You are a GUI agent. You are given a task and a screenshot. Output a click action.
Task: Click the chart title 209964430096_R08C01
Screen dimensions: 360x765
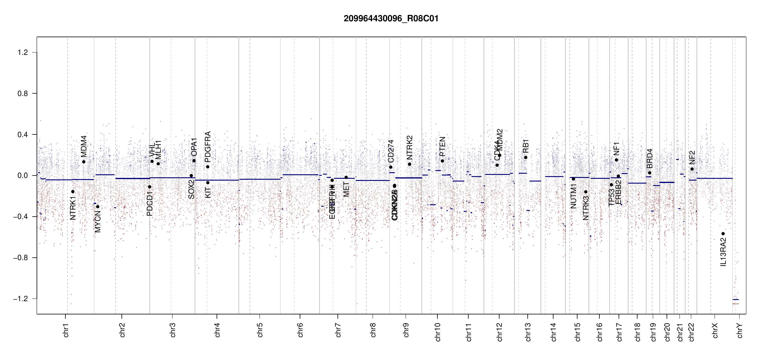click(x=391, y=19)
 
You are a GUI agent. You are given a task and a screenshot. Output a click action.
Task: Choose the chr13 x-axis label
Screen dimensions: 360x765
click(x=528, y=332)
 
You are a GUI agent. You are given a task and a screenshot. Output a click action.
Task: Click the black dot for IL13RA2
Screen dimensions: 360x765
click(x=723, y=234)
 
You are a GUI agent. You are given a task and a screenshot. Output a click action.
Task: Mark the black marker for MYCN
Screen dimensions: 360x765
click(x=97, y=207)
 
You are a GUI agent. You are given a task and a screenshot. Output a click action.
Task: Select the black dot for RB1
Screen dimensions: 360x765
click(x=526, y=157)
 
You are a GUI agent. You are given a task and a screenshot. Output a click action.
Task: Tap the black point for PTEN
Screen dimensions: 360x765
click(x=442, y=161)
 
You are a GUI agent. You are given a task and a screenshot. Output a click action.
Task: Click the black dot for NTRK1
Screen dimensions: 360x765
click(x=73, y=192)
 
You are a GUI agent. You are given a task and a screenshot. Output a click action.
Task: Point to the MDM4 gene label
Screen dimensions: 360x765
click(x=84, y=146)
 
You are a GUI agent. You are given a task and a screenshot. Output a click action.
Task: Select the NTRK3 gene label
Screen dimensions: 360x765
click(x=586, y=208)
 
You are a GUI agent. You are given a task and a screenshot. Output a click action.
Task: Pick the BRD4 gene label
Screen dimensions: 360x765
click(x=649, y=158)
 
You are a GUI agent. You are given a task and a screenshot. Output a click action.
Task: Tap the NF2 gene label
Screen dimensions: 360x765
click(x=692, y=157)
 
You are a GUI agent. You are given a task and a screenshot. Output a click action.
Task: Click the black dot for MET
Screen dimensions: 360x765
click(x=346, y=177)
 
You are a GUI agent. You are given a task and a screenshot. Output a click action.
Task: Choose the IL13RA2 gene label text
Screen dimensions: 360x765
click(x=723, y=252)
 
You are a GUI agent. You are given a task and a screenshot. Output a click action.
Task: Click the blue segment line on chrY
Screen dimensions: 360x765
click(x=736, y=299)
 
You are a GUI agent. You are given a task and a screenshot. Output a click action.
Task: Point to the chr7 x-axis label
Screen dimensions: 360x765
click(x=338, y=330)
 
